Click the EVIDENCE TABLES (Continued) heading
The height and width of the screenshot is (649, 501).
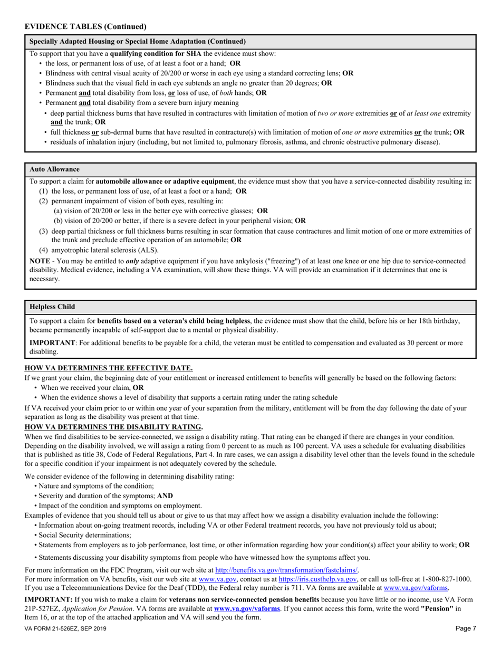[85, 26]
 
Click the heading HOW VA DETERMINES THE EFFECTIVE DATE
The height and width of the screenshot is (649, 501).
[109, 368]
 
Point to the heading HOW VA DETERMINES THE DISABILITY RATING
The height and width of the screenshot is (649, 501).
[114, 426]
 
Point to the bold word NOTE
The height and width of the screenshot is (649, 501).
[40, 261]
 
